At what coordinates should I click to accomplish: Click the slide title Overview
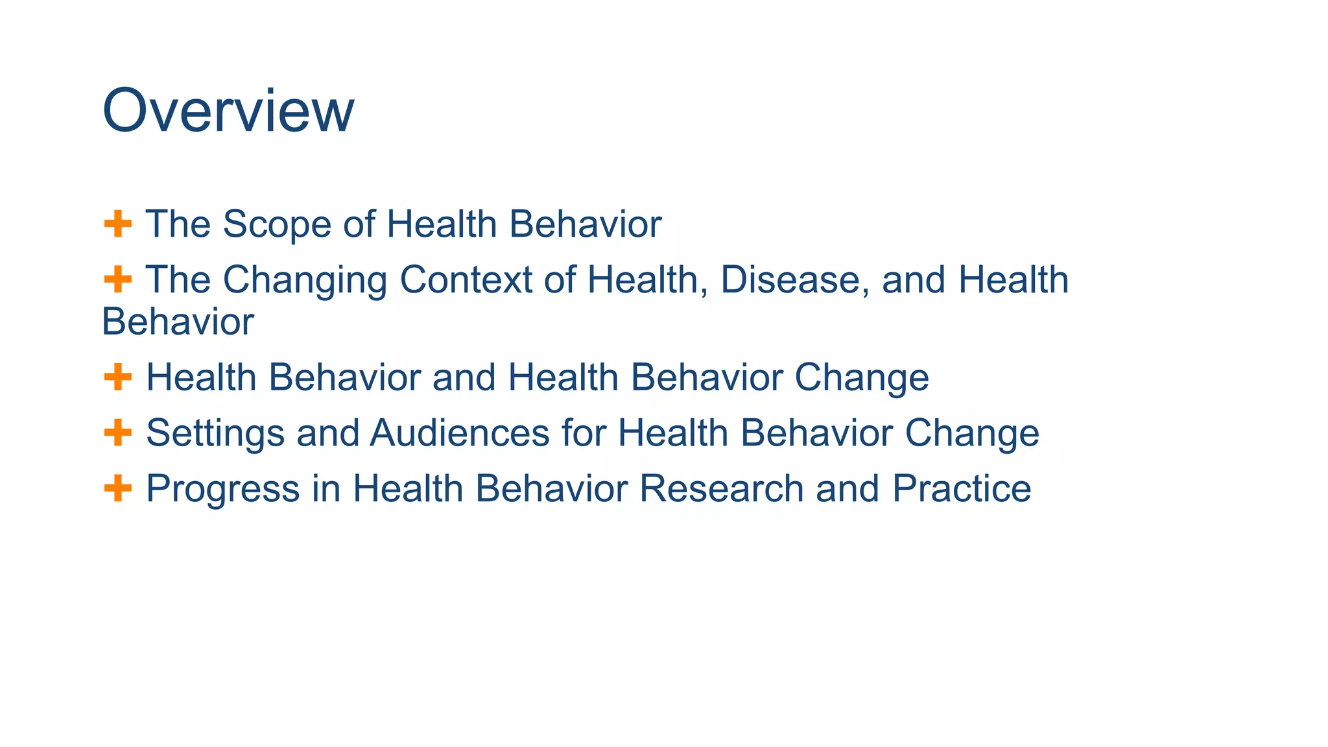[x=228, y=111]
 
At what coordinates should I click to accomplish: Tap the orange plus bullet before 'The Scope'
[x=117, y=224]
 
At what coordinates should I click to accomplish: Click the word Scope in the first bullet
[x=276, y=224]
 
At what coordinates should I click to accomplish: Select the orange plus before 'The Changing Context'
[x=117, y=280]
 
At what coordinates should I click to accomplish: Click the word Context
[x=466, y=280]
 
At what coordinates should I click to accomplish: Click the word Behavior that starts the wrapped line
[x=178, y=322]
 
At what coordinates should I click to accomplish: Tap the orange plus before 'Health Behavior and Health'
[x=117, y=377]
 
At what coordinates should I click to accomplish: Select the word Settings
[x=215, y=433]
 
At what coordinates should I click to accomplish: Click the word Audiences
[x=460, y=433]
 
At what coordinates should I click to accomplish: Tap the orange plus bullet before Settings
[x=117, y=433]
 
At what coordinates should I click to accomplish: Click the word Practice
[x=961, y=488]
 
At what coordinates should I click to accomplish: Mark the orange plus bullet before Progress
[x=117, y=488]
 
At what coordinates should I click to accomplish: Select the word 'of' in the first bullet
[x=359, y=224]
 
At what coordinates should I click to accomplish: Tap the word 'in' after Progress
[x=326, y=488]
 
